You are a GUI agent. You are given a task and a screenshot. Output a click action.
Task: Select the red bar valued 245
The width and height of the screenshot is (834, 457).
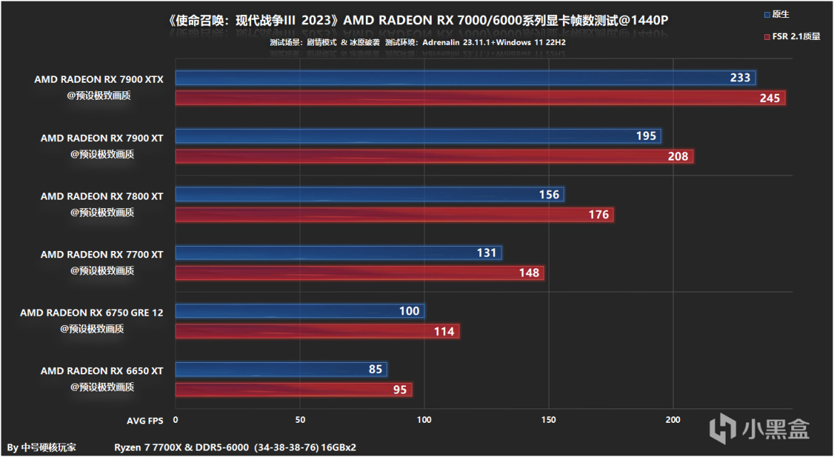480,98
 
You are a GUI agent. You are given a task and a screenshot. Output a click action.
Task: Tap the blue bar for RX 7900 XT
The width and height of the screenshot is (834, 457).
418,136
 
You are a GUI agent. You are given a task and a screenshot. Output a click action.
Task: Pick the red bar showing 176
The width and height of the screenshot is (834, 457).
395,215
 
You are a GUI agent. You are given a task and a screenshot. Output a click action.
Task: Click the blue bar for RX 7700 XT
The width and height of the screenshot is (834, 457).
338,253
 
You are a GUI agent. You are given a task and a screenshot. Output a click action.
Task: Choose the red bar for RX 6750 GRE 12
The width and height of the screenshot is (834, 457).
317,332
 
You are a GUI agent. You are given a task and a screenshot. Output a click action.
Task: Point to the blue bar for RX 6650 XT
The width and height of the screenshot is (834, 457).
281,370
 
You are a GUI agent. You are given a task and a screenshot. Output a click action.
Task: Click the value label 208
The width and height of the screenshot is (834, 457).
678,156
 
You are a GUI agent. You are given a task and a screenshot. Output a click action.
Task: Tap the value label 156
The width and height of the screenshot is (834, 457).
549,195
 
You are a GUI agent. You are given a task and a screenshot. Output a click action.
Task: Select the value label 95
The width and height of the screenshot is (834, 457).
400,390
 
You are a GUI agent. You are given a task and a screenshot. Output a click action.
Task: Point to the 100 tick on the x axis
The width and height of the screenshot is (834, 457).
424,421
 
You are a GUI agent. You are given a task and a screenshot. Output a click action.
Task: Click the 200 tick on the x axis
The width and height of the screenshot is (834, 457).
673,421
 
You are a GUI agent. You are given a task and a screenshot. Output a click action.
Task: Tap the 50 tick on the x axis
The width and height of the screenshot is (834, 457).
300,421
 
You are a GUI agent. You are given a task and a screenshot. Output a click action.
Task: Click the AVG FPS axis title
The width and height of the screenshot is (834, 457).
146,421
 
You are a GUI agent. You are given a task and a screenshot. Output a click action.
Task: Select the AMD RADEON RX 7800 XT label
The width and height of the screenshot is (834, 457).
102,196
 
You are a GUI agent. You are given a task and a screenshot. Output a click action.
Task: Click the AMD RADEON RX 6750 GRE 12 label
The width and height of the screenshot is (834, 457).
92,312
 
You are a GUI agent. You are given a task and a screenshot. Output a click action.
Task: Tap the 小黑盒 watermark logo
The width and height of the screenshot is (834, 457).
761,428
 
